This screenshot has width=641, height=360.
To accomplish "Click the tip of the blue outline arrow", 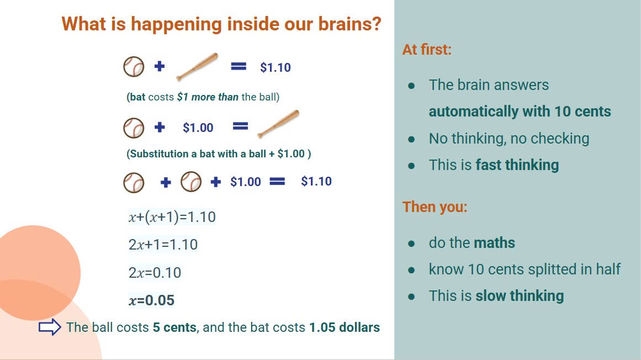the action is click(x=61, y=327).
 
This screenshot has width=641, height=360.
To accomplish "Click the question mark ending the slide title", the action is click(x=376, y=24).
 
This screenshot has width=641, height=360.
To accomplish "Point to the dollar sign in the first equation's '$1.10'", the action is click(x=263, y=67).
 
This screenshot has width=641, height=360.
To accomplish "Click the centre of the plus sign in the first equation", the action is click(x=160, y=66).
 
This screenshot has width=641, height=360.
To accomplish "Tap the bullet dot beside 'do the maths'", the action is click(x=411, y=243).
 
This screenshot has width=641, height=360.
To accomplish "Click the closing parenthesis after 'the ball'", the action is click(x=278, y=97).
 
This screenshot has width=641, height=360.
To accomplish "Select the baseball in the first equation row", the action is click(x=134, y=67).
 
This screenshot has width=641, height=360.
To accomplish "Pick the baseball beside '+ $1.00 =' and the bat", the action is click(x=134, y=128).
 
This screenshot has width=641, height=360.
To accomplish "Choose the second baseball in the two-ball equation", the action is click(x=191, y=182).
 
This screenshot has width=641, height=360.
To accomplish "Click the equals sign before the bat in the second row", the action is click(x=240, y=126).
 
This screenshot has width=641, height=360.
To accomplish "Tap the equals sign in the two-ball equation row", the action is click(x=277, y=181).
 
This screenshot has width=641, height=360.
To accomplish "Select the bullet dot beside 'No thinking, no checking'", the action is click(x=411, y=139).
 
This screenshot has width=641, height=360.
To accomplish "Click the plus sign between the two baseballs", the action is click(x=166, y=182).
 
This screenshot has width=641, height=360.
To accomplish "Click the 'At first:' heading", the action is click(x=427, y=50).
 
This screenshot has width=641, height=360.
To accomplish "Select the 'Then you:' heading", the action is click(x=435, y=207).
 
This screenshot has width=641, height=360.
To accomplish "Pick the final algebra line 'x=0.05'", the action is click(x=151, y=300).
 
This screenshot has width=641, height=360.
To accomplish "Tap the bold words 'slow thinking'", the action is click(x=520, y=296).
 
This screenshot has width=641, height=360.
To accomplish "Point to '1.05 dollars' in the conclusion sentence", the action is click(x=344, y=327).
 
